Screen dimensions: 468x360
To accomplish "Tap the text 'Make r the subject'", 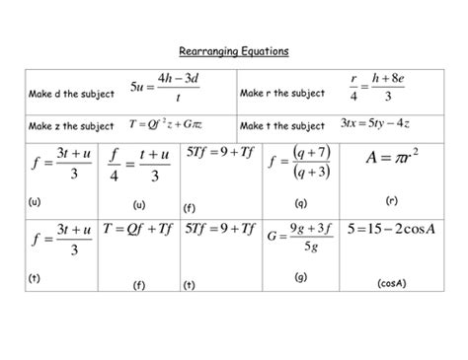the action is [281, 95].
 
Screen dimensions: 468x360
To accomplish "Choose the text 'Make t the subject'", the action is [281, 127].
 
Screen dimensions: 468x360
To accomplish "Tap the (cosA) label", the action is [392, 283].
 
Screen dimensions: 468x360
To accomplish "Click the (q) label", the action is [299, 202].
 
